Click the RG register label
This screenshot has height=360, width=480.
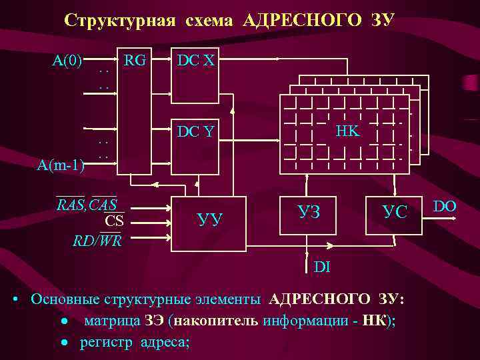(135, 61)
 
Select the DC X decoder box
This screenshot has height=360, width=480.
(195, 78)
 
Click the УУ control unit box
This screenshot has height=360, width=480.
(211, 217)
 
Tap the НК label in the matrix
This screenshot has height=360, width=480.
(347, 131)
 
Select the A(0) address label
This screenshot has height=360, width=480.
(67, 61)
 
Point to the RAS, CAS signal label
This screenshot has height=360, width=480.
(87, 204)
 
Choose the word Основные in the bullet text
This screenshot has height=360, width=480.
(62, 298)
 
